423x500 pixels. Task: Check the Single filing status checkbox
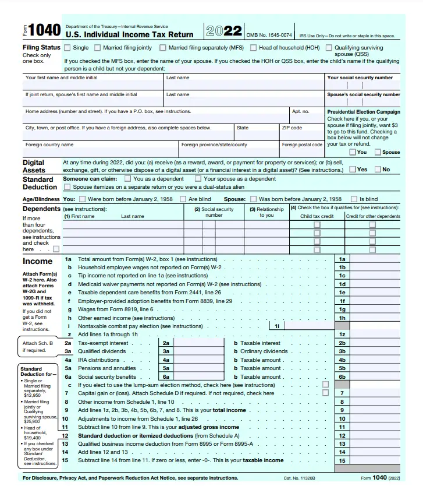click(68, 48)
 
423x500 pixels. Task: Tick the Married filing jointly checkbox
click(98, 48)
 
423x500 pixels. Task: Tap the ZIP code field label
click(292, 128)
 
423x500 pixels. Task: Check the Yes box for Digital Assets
click(353, 170)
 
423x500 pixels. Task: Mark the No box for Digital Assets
click(378, 170)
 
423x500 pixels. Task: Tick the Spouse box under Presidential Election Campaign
click(378, 152)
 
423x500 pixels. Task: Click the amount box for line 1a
click(374, 259)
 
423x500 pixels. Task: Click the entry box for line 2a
click(199, 343)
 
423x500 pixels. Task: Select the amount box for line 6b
click(374, 376)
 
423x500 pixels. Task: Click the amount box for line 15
click(374, 460)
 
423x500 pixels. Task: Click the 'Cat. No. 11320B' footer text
click(300, 478)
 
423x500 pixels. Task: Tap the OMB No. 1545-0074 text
click(269, 35)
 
